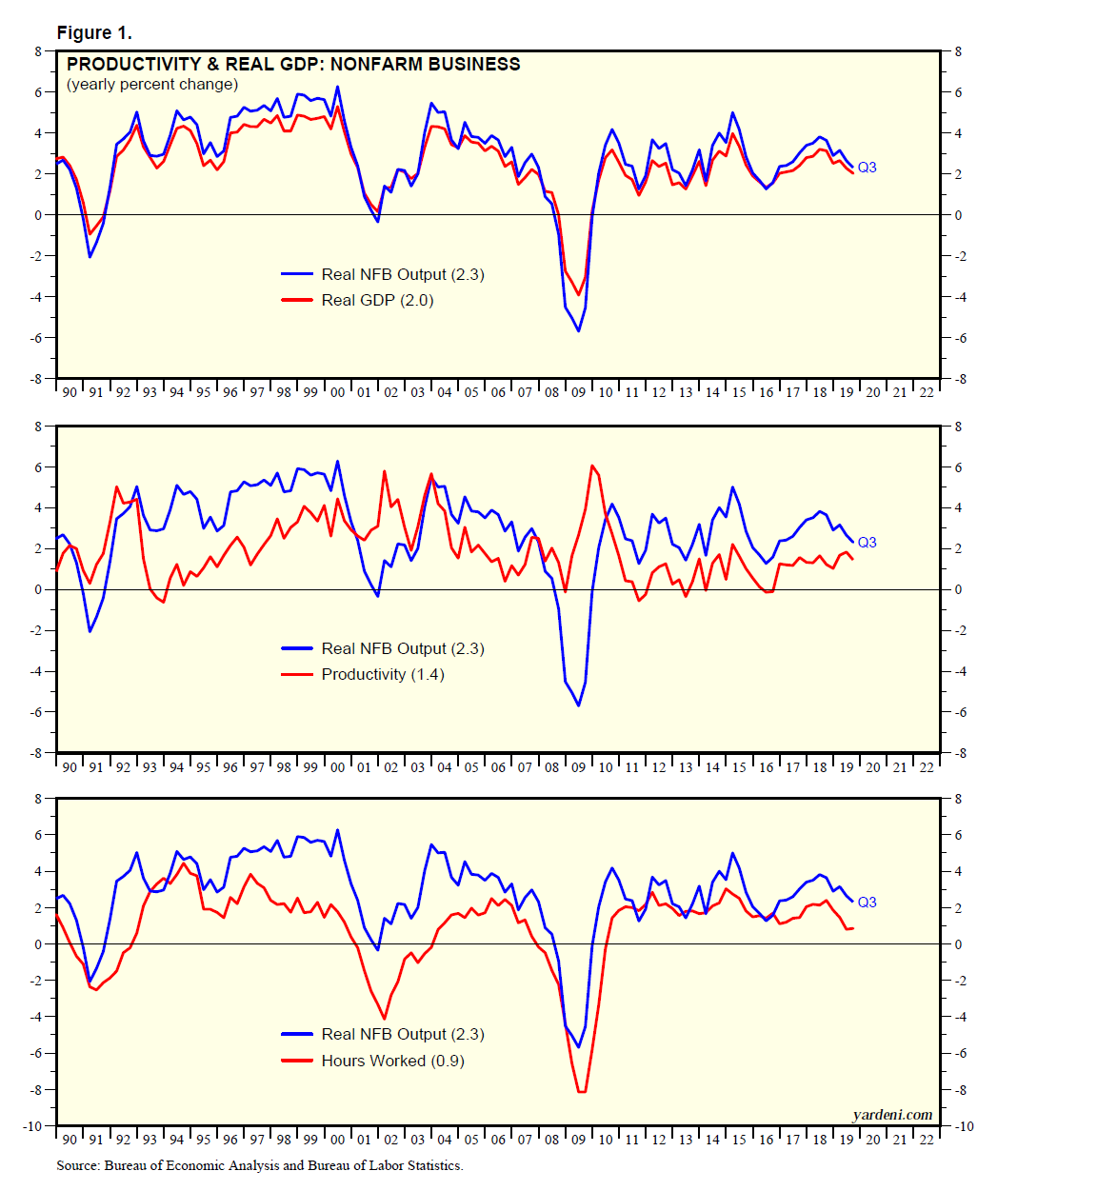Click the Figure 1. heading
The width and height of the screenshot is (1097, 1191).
(94, 33)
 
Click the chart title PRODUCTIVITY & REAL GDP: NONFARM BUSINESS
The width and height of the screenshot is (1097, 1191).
(293, 65)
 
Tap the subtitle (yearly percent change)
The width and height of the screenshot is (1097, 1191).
(152, 85)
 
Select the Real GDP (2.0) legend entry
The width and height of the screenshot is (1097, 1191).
(377, 301)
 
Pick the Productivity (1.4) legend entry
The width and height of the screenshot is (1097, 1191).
(383, 675)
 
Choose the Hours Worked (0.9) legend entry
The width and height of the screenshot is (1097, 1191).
(392, 1061)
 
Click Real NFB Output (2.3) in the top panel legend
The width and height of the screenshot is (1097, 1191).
(403, 274)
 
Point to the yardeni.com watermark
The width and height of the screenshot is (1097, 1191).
(892, 1115)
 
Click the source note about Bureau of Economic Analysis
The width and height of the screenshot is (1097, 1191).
(259, 1165)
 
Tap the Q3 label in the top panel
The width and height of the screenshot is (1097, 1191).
(867, 168)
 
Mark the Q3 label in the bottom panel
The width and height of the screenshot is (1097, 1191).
(867, 903)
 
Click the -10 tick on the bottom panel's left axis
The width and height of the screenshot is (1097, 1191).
(34, 1126)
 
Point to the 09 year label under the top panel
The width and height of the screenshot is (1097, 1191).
(578, 392)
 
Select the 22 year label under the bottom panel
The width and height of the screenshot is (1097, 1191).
(926, 1140)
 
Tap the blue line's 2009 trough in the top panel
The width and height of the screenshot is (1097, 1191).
(578, 330)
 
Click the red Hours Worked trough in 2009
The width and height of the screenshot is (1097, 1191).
(581, 1091)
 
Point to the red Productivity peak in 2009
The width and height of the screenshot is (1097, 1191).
(592, 466)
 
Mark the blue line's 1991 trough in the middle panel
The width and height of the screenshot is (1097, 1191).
(90, 631)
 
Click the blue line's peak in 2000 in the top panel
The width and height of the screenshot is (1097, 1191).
(337, 88)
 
